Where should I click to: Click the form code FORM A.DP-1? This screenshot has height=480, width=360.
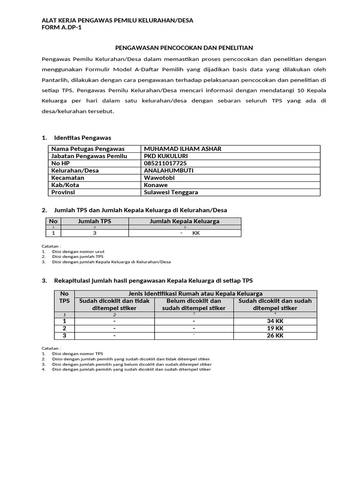click(x=65, y=28)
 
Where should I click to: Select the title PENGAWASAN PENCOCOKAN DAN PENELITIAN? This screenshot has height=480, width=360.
click(x=184, y=48)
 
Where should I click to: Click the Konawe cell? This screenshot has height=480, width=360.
click(x=156, y=185)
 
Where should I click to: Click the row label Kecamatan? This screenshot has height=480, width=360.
click(x=67, y=178)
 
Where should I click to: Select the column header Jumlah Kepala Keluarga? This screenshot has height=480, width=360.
click(x=184, y=221)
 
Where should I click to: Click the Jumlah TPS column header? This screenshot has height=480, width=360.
click(x=94, y=221)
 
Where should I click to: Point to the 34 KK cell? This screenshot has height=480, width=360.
click(x=275, y=321)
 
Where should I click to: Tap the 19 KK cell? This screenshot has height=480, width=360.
click(x=275, y=329)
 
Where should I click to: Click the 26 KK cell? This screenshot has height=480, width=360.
click(x=275, y=336)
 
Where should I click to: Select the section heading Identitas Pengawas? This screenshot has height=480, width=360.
click(x=82, y=138)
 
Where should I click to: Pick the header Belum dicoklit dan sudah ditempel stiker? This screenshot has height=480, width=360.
click(x=194, y=305)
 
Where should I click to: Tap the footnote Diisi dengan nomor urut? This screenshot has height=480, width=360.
click(x=78, y=251)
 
